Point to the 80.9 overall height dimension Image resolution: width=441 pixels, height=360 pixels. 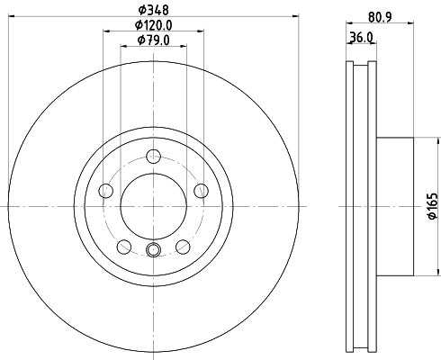tap(379, 15)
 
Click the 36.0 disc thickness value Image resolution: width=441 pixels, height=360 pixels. tap(361, 37)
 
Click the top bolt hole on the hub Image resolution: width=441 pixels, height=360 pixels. tap(152, 154)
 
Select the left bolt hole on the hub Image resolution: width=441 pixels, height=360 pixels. tap(104, 190)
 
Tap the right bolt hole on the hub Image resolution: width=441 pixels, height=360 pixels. tap(200, 190)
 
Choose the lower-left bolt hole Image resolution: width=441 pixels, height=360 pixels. tap(122, 246)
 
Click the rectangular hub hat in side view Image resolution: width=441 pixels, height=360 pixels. tap(393, 205)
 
